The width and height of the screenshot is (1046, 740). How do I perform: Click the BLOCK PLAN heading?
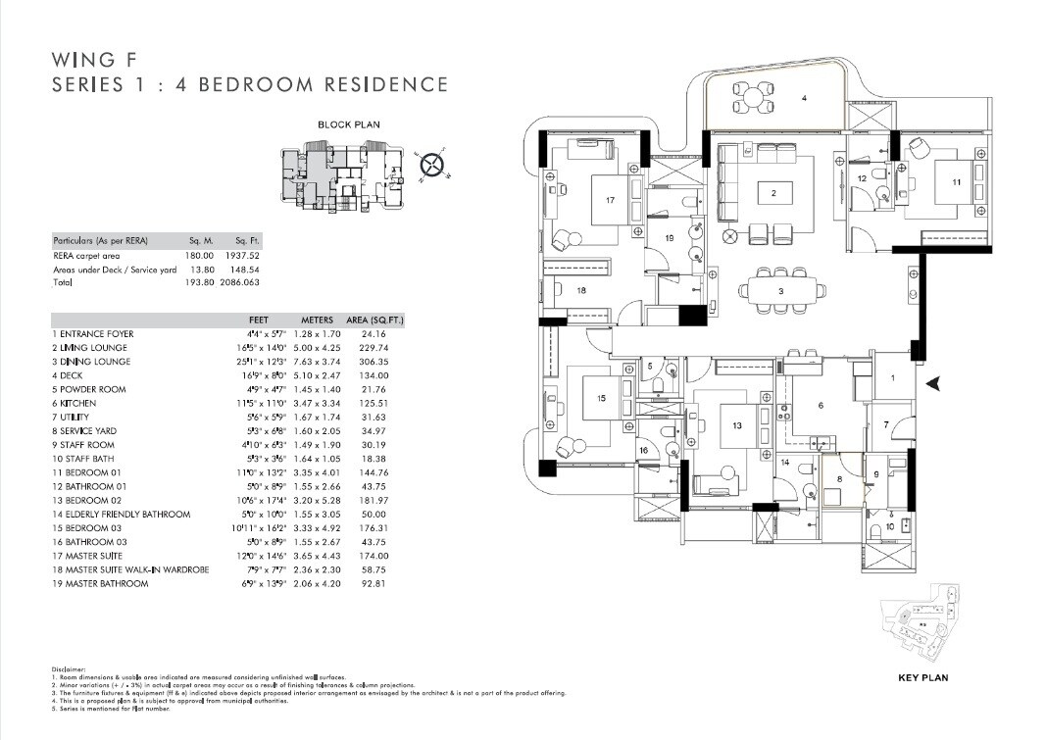click(348, 124)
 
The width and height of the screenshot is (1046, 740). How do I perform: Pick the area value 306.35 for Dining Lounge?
click(375, 362)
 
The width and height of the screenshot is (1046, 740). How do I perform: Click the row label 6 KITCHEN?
click(77, 404)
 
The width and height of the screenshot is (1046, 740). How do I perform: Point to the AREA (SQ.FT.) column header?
click(375, 321)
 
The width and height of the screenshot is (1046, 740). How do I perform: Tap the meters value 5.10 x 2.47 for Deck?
click(314, 375)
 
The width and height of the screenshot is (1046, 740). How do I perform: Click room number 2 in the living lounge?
click(773, 194)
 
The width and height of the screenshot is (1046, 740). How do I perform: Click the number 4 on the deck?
click(804, 98)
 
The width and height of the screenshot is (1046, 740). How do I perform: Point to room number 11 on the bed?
click(955, 183)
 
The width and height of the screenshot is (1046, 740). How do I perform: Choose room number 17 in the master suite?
click(610, 200)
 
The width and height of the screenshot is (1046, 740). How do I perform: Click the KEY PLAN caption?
click(922, 677)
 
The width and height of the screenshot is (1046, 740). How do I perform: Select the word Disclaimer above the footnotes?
click(69, 670)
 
